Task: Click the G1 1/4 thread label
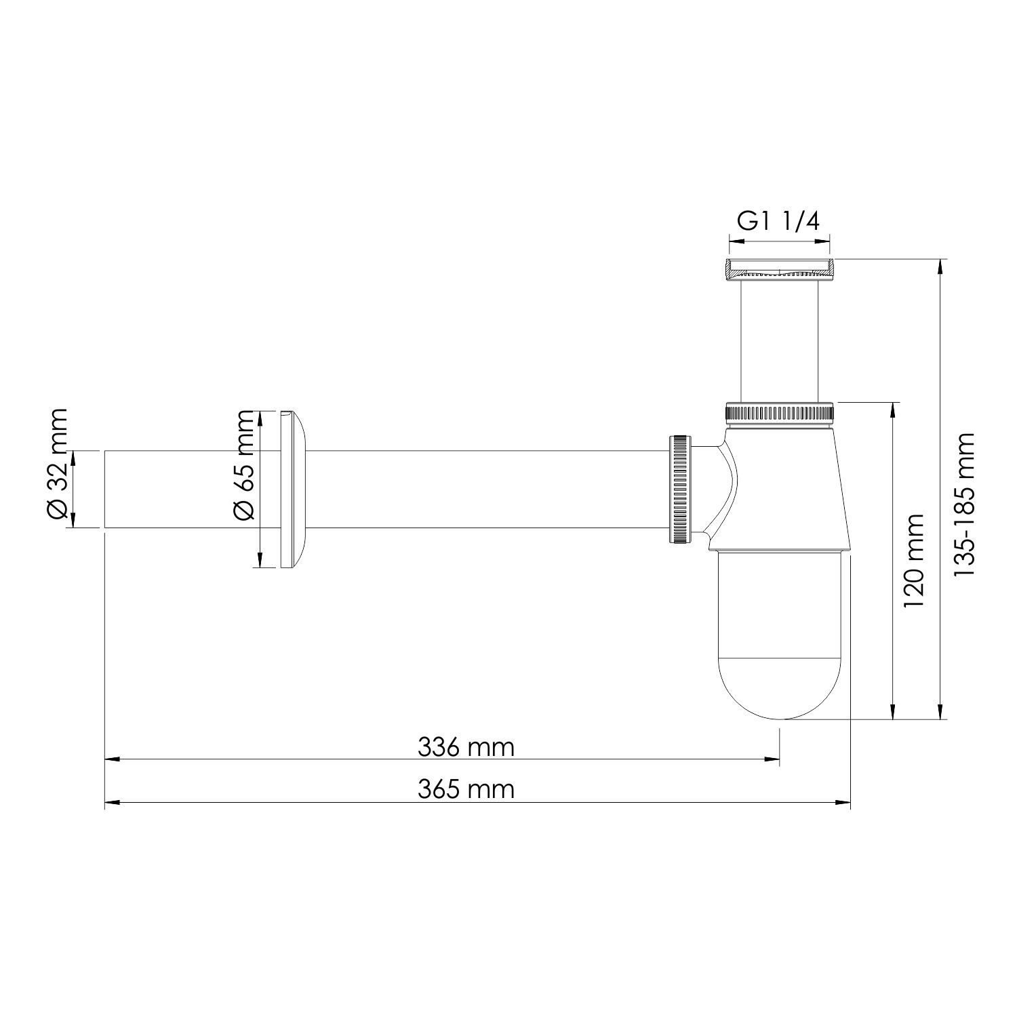[779, 222]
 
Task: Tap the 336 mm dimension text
[466, 747]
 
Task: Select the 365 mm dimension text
[466, 789]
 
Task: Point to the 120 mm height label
[913, 560]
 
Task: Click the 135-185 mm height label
[963, 504]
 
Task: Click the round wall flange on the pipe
[292, 489]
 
